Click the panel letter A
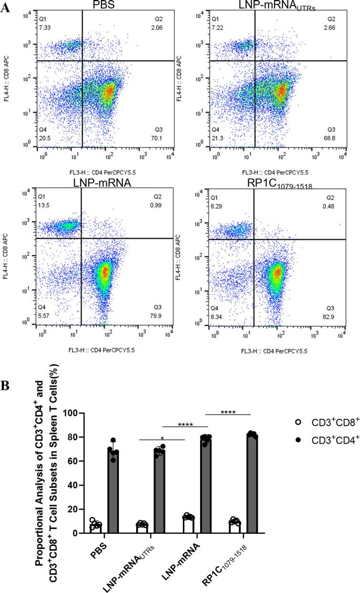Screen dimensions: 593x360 tap(5, 8)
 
